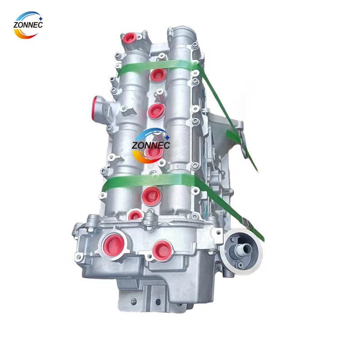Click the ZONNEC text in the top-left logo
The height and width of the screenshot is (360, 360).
point(28,25)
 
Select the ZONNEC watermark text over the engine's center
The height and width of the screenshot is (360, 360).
point(151,145)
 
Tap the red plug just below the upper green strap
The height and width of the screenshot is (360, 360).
point(158,76)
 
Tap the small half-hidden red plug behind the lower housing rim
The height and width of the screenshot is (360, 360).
point(135,215)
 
